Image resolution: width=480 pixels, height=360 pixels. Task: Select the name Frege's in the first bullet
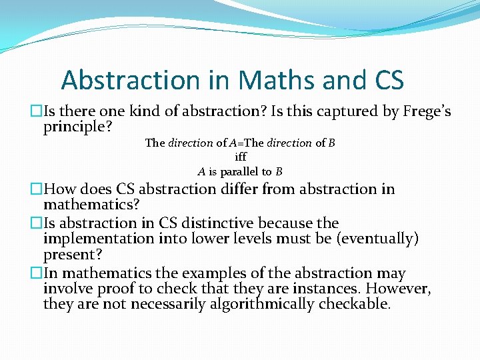click(x=427, y=111)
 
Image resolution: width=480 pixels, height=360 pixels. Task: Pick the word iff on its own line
click(x=241, y=157)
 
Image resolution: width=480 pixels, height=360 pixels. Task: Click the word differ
click(x=257, y=189)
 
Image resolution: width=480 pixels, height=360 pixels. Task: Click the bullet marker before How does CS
click(x=38, y=189)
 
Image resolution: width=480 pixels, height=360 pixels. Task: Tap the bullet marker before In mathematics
click(x=38, y=273)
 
